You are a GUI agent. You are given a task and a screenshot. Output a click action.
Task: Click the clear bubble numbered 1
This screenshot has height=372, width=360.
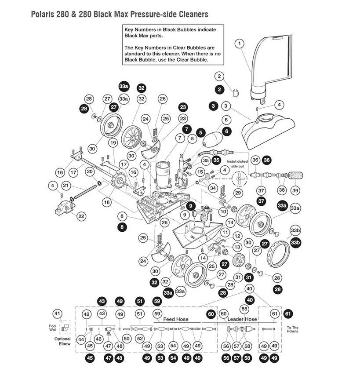tap(239, 43)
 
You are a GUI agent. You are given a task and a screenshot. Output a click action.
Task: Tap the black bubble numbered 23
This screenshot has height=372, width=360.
tap(183, 107)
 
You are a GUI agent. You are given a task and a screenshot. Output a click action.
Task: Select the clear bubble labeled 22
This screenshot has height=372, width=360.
tap(81, 216)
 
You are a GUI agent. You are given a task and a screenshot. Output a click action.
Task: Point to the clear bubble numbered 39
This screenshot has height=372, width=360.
tap(295, 190)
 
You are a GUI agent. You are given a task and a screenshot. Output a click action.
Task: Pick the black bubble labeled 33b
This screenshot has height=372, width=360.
tap(295, 242)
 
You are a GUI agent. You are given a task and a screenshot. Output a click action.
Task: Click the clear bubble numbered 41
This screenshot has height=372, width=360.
tap(57, 314)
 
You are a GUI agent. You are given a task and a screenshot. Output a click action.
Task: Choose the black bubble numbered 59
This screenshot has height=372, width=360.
tap(157, 301)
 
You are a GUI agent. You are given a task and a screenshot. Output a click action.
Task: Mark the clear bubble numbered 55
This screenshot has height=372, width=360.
tap(244, 309)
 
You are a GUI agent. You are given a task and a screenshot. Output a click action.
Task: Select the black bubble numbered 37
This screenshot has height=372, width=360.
tap(261, 201)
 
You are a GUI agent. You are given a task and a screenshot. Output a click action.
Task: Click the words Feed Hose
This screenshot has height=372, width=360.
tap(176, 319)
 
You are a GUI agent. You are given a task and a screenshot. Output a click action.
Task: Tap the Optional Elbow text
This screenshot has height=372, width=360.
tap(62, 341)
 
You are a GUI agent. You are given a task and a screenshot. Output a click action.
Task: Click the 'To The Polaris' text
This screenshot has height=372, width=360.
tap(292, 329)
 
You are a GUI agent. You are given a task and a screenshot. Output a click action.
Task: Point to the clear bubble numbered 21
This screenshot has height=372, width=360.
tap(66, 186)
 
